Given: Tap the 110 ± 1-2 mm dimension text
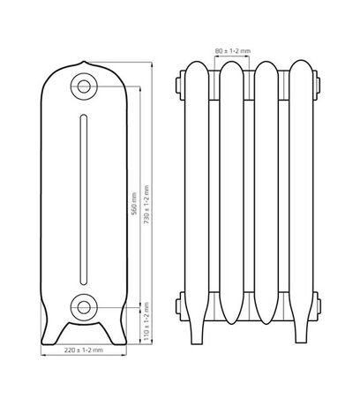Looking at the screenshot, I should [x=146, y=324].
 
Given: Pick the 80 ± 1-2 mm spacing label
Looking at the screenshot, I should [x=234, y=50].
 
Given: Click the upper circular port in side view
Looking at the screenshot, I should [x=84, y=86].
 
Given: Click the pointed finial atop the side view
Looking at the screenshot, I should [x=84, y=64].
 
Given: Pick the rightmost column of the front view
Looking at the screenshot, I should [x=300, y=194].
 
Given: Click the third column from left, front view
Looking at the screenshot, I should [x=266, y=194].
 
